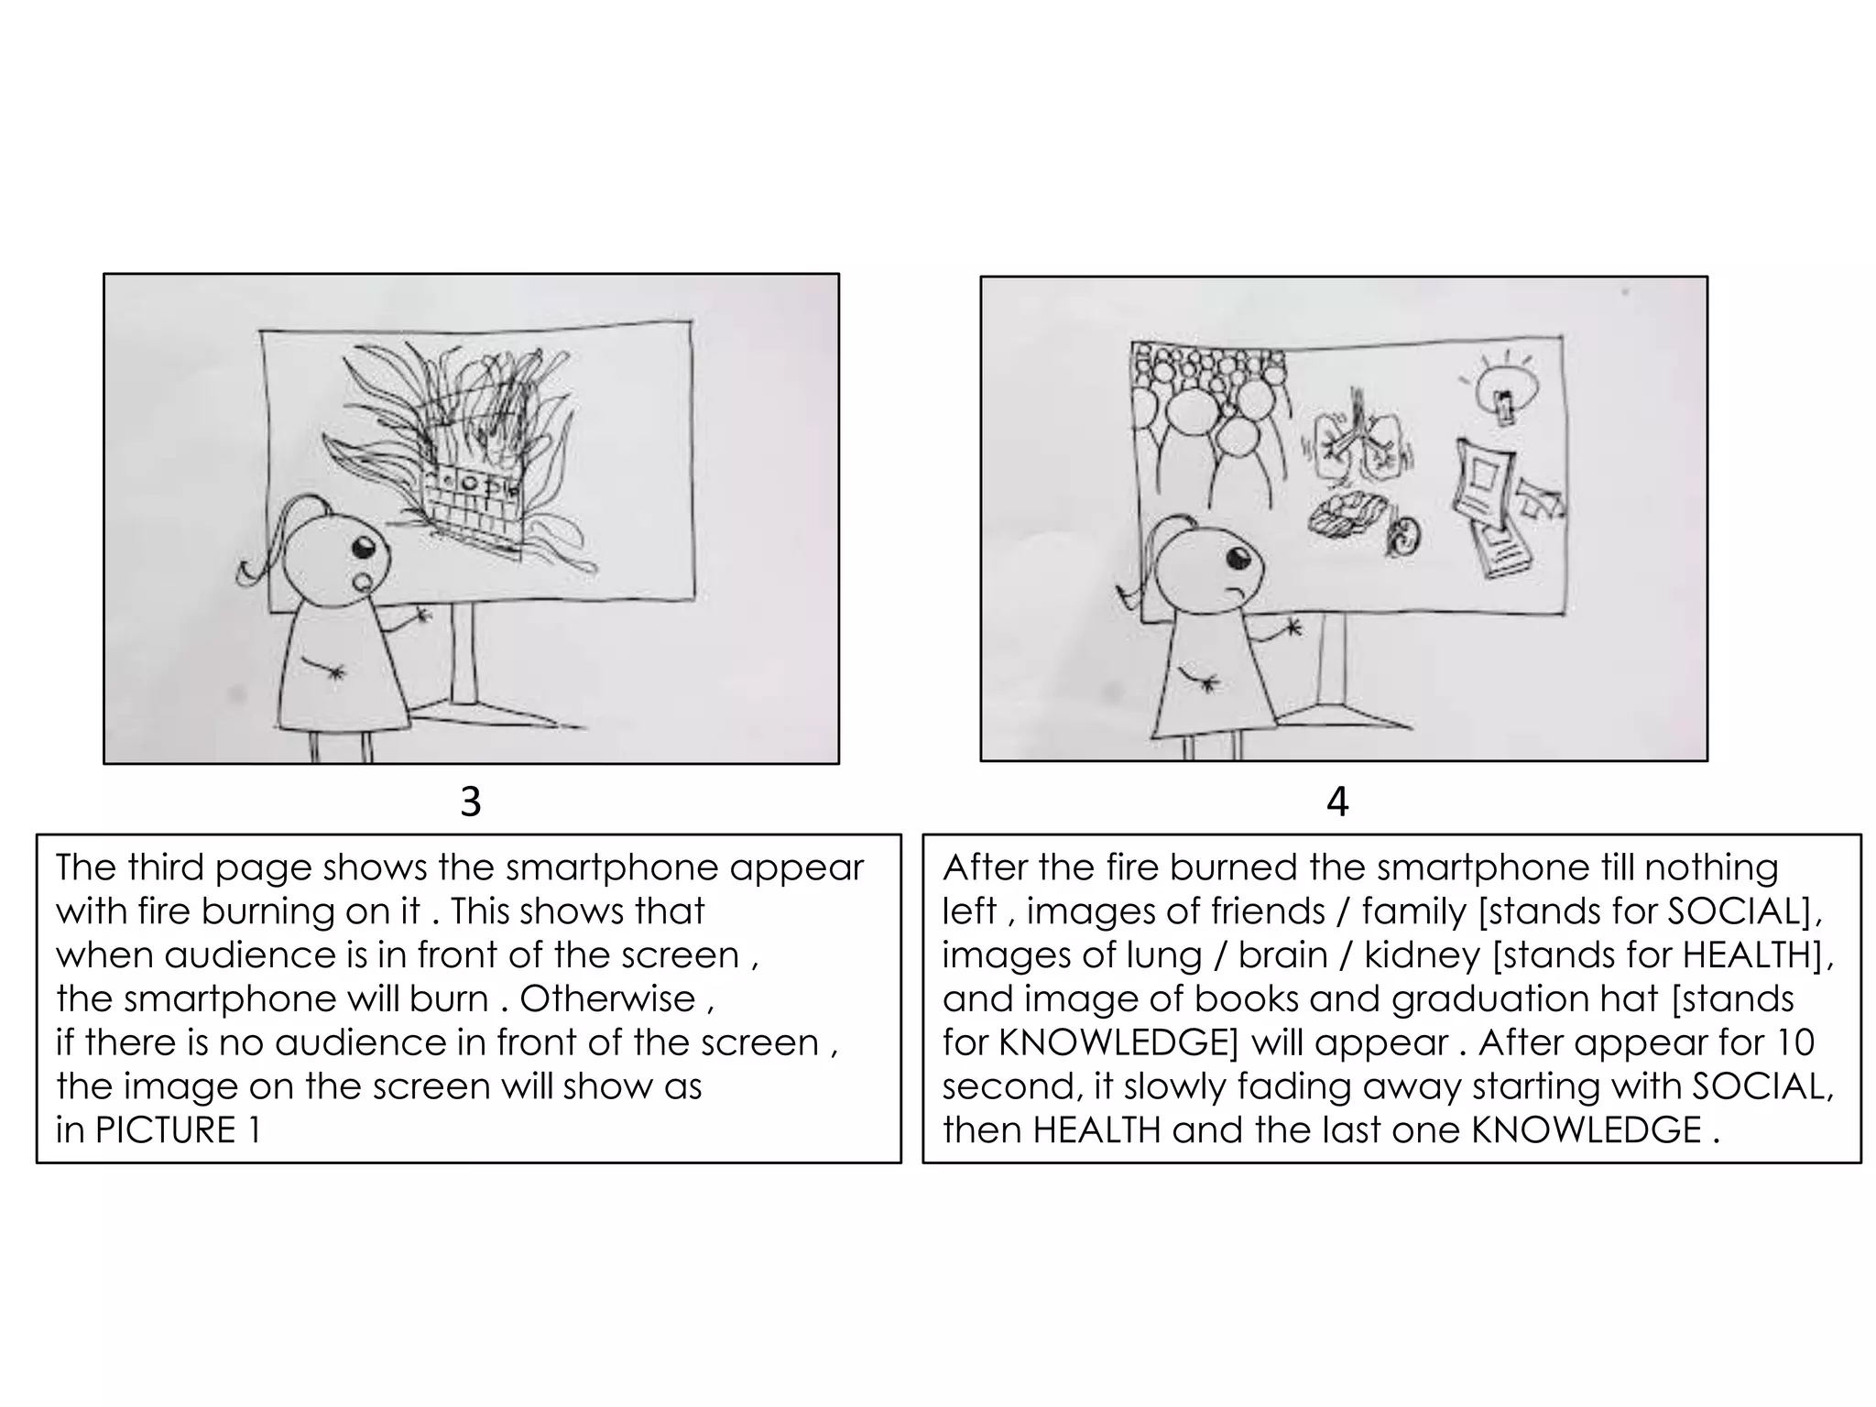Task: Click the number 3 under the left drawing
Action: (x=470, y=802)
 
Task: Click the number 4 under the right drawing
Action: (x=1337, y=802)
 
